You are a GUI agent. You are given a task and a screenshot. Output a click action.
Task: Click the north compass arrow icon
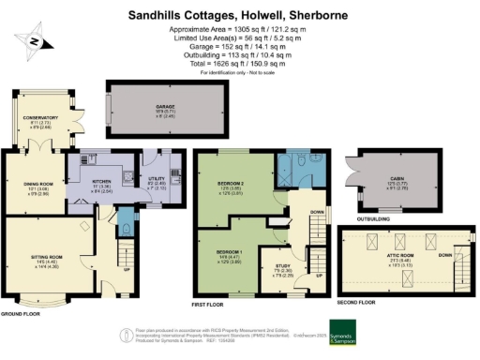31,41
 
